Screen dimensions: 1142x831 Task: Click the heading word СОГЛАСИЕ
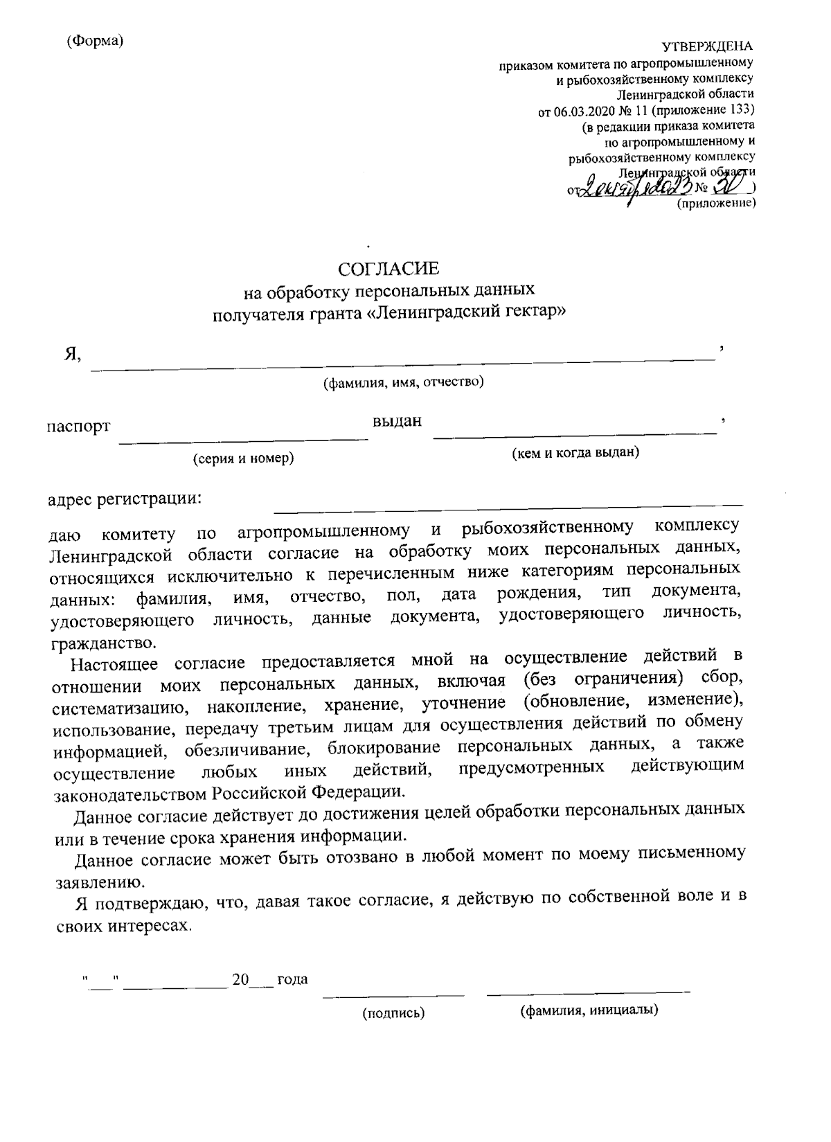[x=388, y=267]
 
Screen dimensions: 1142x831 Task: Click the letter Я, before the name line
[x=72, y=355]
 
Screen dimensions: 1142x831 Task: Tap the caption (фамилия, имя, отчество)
[x=404, y=382]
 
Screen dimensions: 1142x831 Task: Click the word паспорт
[x=78, y=426]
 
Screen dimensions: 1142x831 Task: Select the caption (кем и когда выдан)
[x=575, y=453]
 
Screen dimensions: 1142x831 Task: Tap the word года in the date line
[x=292, y=979]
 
